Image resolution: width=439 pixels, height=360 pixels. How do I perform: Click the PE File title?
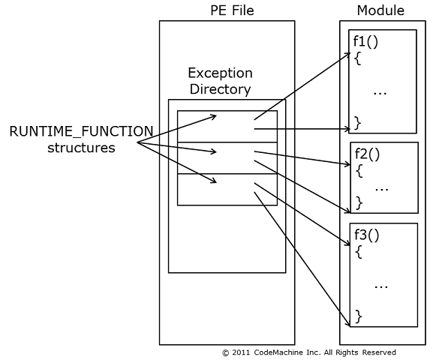[x=232, y=10]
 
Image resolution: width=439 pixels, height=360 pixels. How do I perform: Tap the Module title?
[x=380, y=10]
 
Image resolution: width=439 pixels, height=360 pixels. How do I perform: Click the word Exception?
[x=221, y=73]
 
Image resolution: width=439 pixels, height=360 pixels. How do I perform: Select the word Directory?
[x=221, y=89]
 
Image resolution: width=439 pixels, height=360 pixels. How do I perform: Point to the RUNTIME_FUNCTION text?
[x=82, y=131]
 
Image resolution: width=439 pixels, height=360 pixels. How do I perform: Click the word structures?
[x=81, y=148]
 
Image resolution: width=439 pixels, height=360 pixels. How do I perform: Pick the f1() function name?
[x=365, y=41]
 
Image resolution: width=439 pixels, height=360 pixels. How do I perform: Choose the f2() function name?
[x=367, y=154]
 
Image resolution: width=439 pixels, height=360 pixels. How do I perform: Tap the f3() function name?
[x=367, y=235]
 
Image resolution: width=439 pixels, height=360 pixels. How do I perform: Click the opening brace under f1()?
[x=358, y=58]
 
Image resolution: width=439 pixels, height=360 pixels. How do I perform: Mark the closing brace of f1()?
[x=358, y=123]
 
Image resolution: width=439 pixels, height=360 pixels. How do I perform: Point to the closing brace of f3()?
[x=359, y=316]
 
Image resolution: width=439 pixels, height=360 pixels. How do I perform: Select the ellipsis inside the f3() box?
[x=381, y=287]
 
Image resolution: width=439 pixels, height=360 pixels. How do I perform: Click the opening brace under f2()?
[x=359, y=171]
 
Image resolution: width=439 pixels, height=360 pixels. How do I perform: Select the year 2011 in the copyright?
[x=241, y=352]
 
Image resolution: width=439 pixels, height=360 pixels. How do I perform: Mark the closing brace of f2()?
[x=359, y=203]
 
